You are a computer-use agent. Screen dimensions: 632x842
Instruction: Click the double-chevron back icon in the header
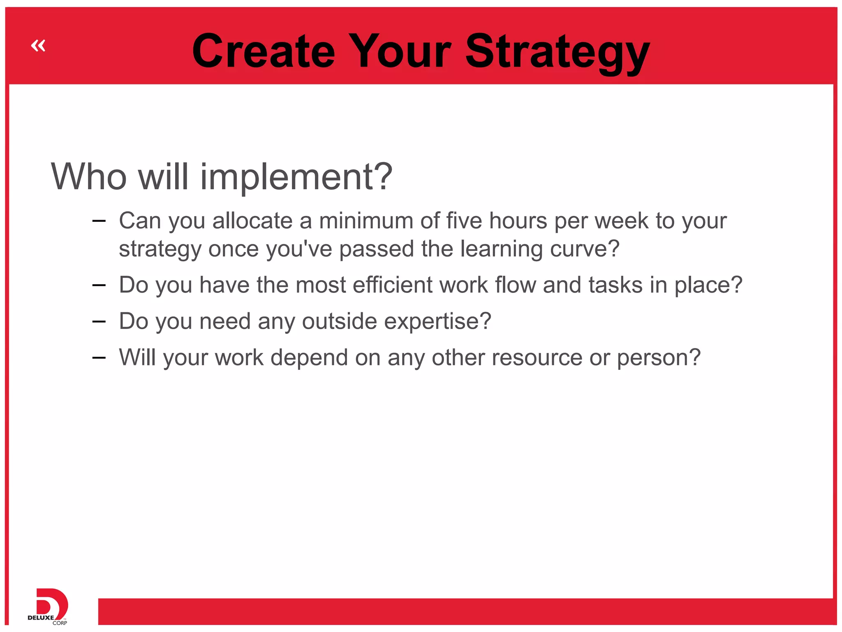click(x=38, y=45)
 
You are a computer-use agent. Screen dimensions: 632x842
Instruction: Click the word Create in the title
click(x=263, y=51)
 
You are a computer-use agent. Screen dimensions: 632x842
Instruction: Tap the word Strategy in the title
click(x=557, y=51)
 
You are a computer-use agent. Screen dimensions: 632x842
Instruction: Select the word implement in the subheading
click(x=291, y=177)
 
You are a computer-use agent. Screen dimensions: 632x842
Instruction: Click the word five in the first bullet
click(x=464, y=221)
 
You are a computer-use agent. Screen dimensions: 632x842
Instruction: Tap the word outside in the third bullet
click(x=339, y=321)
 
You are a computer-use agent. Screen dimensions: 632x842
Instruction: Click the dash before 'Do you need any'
click(x=99, y=321)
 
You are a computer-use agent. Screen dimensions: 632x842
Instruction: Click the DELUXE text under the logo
click(x=41, y=618)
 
